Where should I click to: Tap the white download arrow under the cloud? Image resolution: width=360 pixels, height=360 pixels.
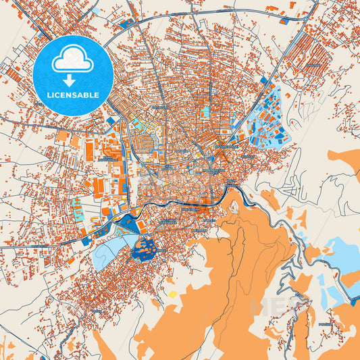point(68,80)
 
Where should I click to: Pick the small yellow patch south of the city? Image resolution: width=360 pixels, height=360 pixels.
point(173,294)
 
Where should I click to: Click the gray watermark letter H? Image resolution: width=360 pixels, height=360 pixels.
point(259,305)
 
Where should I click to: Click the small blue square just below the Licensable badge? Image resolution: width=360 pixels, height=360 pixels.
point(111,120)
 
